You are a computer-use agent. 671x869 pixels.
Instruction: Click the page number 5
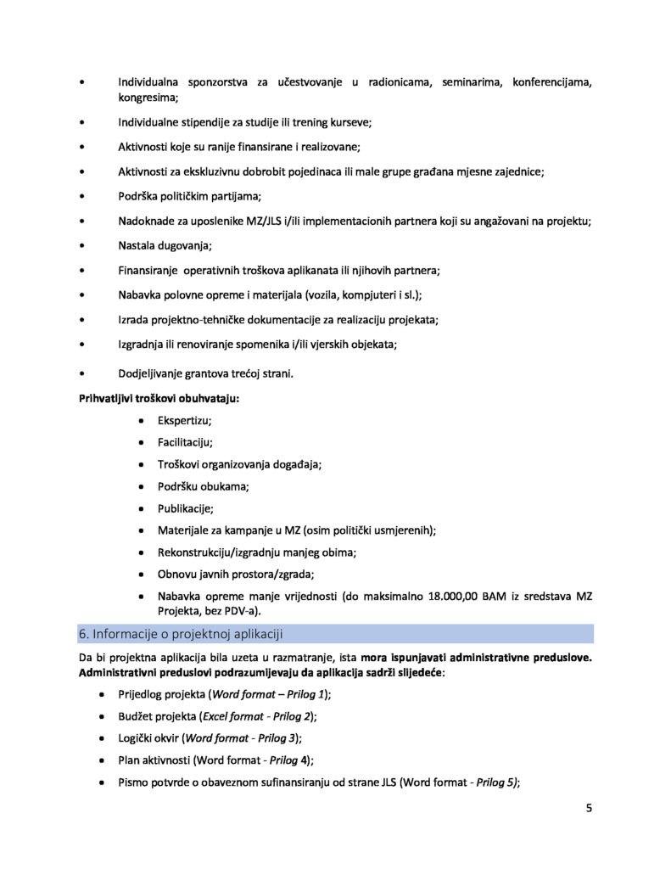click(x=589, y=808)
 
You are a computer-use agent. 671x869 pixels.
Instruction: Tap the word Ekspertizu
click(x=184, y=420)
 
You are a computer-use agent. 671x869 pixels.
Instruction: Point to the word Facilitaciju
click(x=185, y=442)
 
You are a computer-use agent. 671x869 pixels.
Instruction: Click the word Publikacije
click(x=185, y=508)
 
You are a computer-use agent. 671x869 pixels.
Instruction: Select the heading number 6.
click(x=83, y=634)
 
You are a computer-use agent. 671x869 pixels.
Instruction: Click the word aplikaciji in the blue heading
click(x=255, y=634)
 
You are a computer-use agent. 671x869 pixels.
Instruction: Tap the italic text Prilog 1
click(x=305, y=693)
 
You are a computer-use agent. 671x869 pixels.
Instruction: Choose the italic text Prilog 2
click(x=294, y=715)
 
